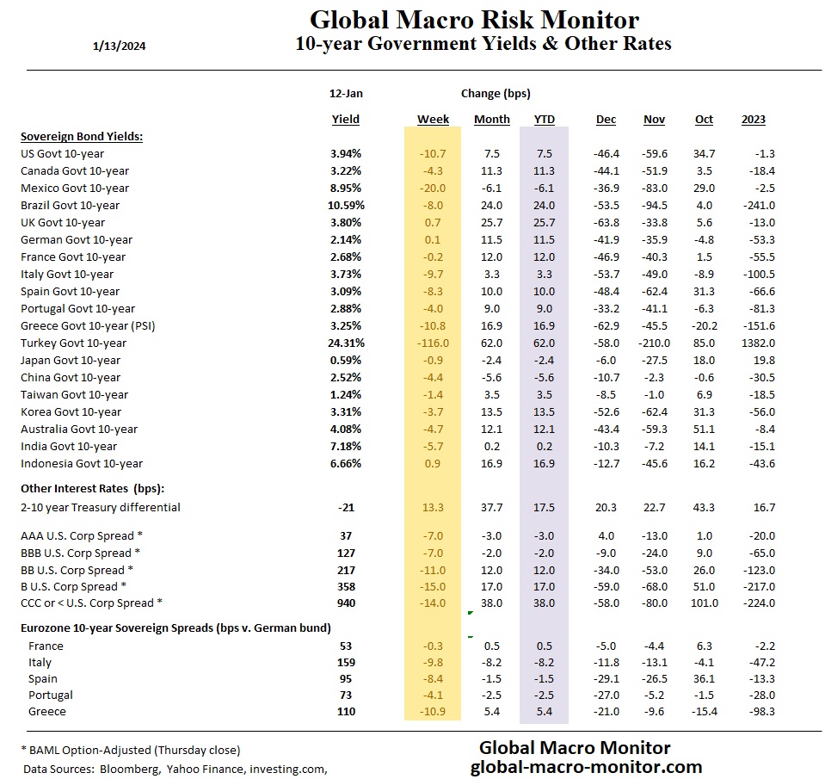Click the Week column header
433,120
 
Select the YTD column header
544,120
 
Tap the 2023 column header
753,120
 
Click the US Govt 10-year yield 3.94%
346,153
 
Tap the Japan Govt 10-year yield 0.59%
346,360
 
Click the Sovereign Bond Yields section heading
82,136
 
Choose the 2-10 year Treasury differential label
101,507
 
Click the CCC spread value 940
346,603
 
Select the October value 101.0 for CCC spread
703,603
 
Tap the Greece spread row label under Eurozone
47,712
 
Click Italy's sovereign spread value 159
346,662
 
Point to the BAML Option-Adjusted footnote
130,750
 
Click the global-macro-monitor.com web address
587,766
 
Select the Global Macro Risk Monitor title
473,20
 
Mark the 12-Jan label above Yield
345,93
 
